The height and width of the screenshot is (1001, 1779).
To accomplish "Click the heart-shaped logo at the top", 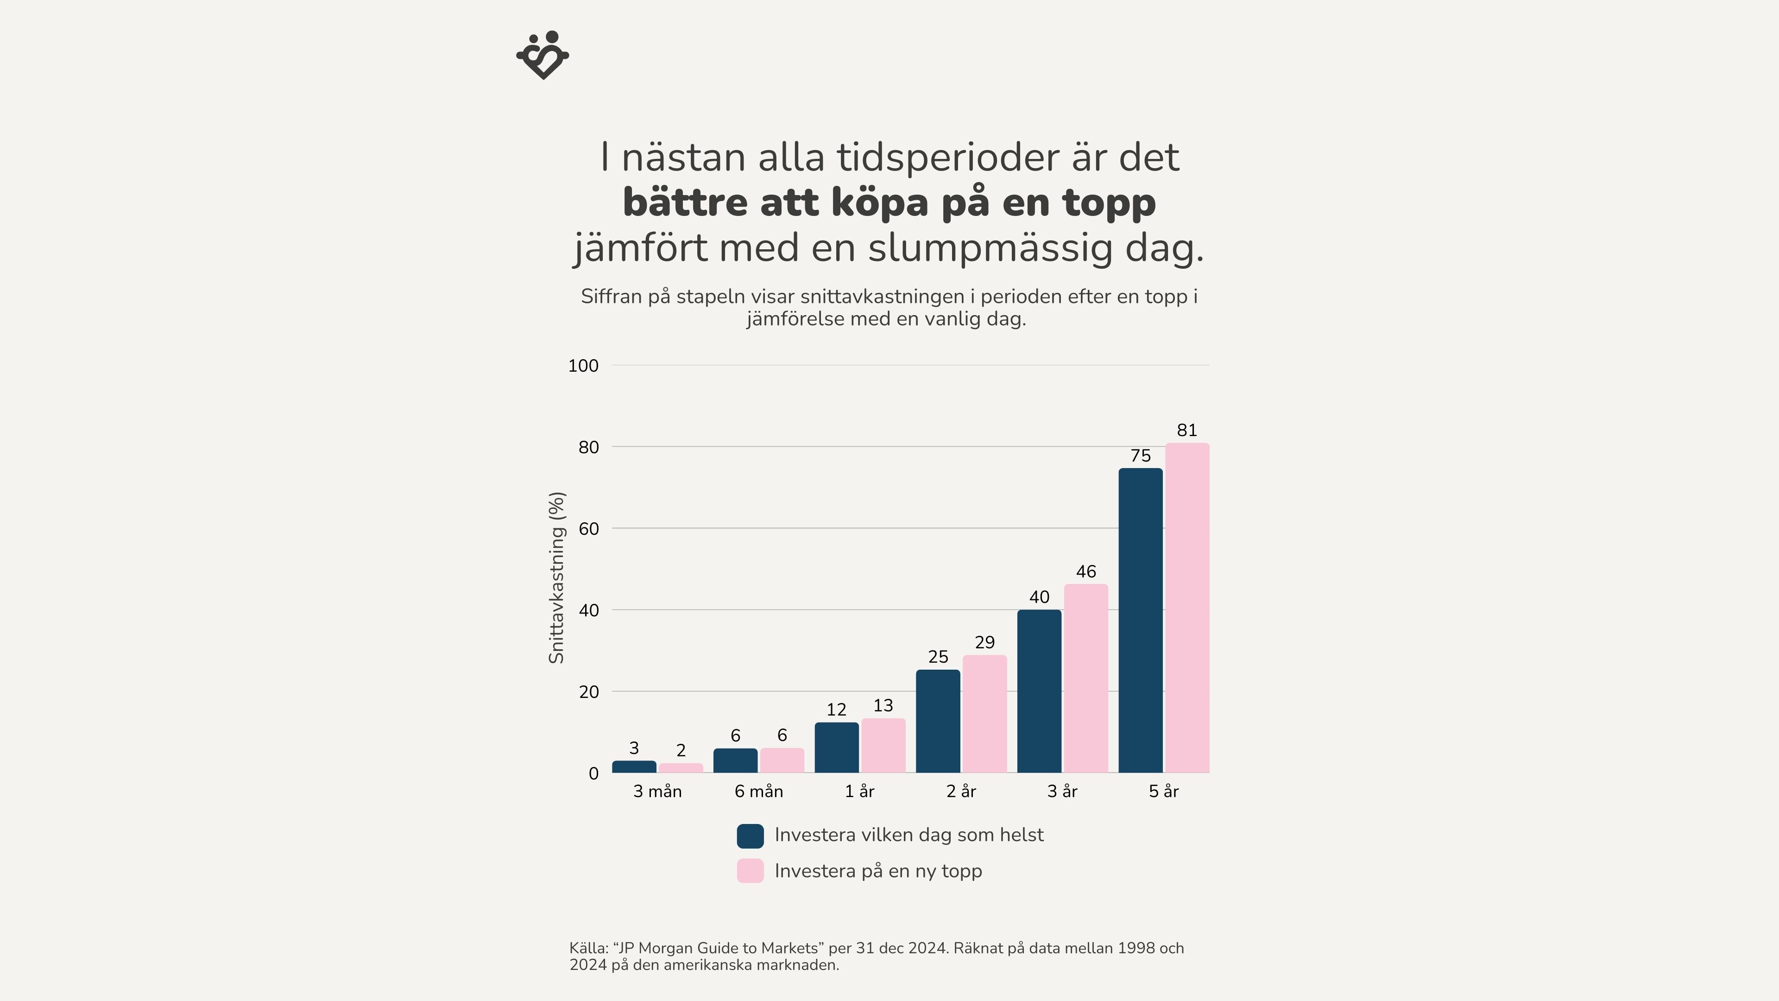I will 543,55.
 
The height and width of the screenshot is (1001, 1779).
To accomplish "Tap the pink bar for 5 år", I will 1187,608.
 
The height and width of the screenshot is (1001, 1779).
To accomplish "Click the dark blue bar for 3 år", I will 1039,691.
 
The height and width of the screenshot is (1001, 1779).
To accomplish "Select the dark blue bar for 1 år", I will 836,748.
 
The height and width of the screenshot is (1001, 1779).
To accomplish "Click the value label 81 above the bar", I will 1186,431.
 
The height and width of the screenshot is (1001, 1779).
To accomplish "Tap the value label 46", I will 1085,572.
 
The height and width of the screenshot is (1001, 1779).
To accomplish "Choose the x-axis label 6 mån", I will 758,792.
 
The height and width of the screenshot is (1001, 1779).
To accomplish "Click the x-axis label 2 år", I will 961,792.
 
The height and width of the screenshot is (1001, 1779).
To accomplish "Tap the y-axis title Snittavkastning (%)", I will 556,577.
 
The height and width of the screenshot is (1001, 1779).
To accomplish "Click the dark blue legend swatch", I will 750,836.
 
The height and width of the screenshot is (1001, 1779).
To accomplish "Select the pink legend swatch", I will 750,871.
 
